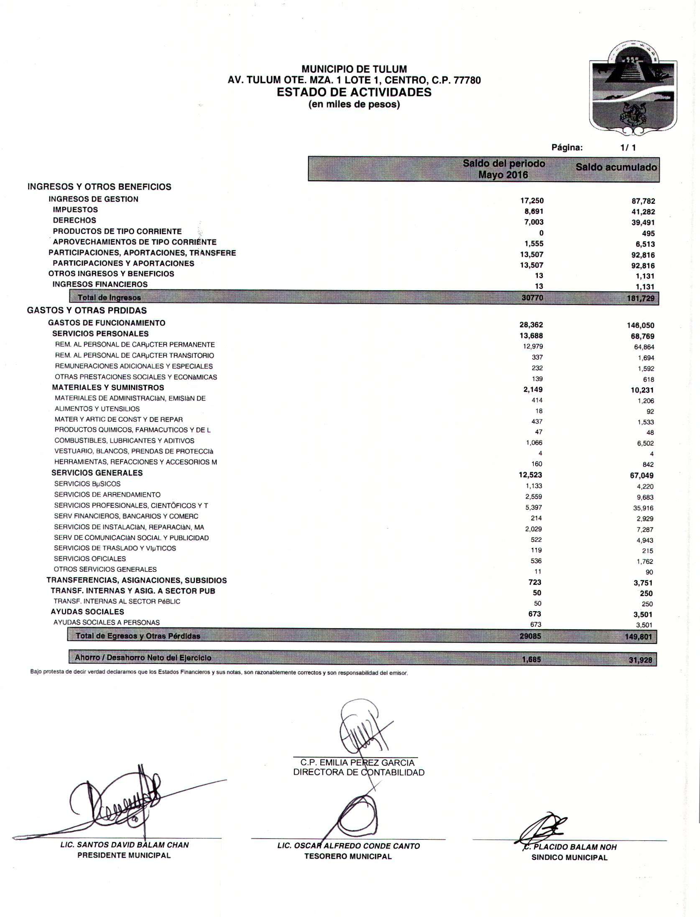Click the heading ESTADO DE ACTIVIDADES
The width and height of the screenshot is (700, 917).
(354, 92)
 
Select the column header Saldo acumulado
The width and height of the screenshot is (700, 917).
(616, 167)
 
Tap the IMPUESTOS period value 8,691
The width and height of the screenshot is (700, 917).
(534, 212)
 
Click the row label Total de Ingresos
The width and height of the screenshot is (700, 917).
(109, 298)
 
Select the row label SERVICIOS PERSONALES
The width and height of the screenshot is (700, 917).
(100, 334)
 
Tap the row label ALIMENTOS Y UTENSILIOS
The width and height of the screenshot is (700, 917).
(97, 409)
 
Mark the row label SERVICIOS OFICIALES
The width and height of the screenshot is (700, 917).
(90, 558)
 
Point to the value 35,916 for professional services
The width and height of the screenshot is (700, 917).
(643, 508)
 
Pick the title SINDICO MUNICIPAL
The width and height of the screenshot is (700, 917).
(569, 858)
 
